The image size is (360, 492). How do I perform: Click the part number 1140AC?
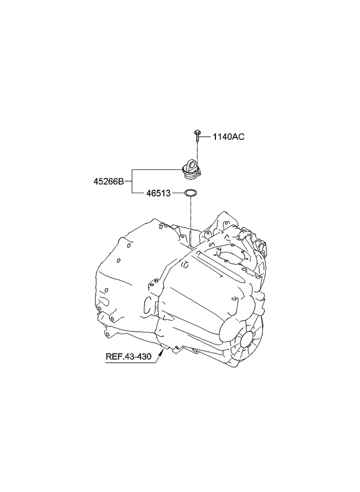click(228, 137)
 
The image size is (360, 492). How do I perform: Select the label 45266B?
click(109, 181)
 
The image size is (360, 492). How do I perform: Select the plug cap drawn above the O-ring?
click(191, 169)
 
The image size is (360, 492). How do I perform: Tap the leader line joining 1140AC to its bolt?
click(206, 137)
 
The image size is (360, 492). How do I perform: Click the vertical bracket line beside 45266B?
click(132, 181)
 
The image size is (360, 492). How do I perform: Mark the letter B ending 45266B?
click(121, 181)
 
